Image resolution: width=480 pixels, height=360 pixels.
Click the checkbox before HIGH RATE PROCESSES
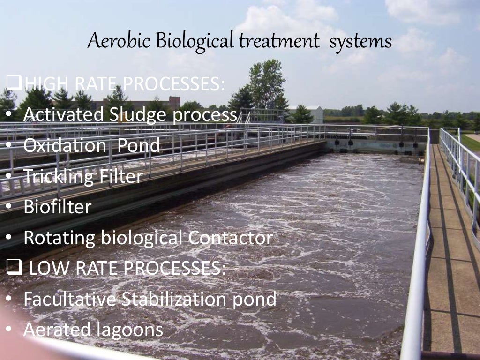click(x=14, y=84)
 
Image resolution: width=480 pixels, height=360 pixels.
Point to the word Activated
click(x=64, y=114)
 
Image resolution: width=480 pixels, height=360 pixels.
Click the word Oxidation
click(x=65, y=145)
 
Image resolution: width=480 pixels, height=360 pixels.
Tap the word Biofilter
click(x=57, y=207)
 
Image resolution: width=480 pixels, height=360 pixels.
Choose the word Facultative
click(x=69, y=299)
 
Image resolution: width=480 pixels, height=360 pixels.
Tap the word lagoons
click(x=130, y=330)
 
